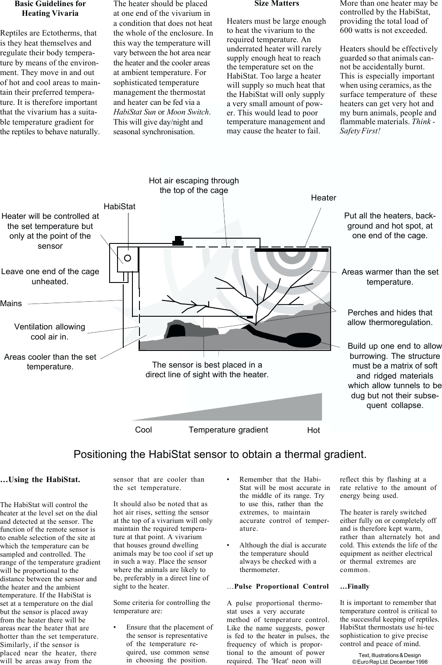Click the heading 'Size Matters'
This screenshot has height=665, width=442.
[276, 4]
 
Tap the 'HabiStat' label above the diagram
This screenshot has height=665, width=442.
[120, 206]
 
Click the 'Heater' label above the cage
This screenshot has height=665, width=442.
[323, 198]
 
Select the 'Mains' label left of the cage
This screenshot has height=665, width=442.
[11, 303]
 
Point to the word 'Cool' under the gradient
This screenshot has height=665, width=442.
[143, 429]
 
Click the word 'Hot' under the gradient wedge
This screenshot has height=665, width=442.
[314, 430]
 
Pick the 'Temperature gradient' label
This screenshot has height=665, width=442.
[228, 429]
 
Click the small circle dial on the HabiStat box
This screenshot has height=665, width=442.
[128, 258]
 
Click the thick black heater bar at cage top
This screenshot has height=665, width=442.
[292, 250]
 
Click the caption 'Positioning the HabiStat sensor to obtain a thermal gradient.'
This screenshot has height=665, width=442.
[220, 454]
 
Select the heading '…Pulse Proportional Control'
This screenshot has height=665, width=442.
[278, 586]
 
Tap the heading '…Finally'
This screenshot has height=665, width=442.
[355, 586]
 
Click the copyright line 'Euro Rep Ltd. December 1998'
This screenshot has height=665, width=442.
[392, 661]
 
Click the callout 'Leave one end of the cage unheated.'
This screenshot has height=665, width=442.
[50, 276]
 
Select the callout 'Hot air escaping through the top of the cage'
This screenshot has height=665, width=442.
[194, 186]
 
